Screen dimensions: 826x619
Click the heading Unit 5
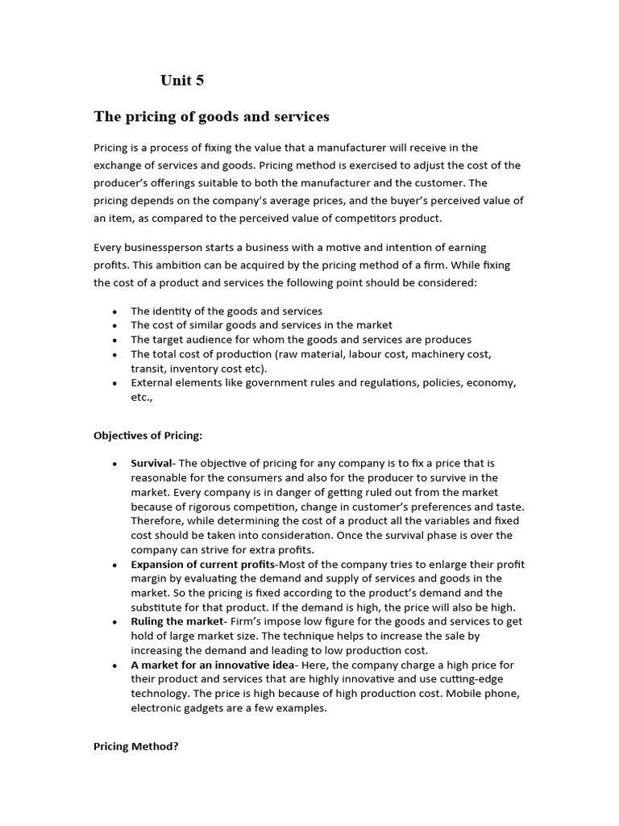click(x=182, y=80)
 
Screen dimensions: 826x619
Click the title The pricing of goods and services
click(x=211, y=117)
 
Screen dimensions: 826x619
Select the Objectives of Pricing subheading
click(x=148, y=436)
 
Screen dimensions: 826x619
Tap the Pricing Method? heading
click(x=136, y=746)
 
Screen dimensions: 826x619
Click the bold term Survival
click(x=152, y=463)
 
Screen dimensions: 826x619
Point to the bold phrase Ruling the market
click(x=177, y=621)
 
